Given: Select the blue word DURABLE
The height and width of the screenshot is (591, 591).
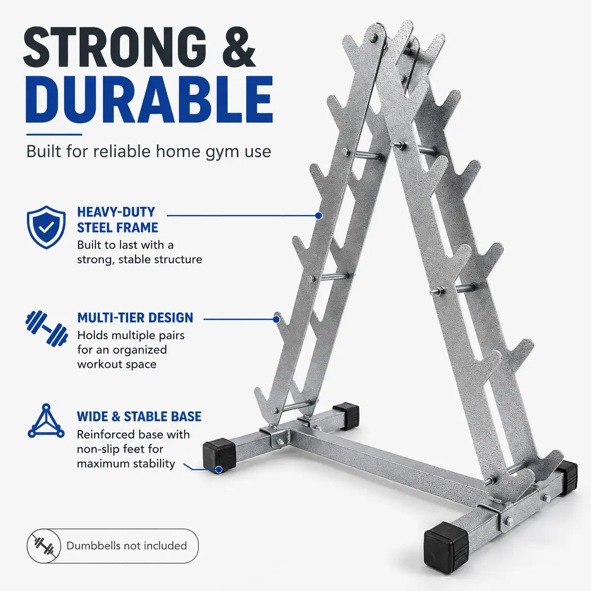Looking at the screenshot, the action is (x=149, y=99).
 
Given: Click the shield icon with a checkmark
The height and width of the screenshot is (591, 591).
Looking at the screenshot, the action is (x=46, y=227).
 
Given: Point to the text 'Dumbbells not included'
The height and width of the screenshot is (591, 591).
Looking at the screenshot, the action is (x=127, y=546).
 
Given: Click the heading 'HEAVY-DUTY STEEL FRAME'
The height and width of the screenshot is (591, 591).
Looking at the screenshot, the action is (x=117, y=220).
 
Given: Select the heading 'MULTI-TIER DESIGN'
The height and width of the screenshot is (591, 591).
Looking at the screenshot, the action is (x=135, y=318).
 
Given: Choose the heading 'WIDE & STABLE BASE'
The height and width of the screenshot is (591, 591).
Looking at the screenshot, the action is (x=139, y=417).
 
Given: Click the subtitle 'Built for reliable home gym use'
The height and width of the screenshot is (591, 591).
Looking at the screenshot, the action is (x=149, y=151).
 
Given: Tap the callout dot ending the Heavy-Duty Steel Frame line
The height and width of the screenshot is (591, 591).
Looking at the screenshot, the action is (x=319, y=215).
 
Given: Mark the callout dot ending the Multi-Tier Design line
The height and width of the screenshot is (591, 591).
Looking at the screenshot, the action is (x=276, y=319).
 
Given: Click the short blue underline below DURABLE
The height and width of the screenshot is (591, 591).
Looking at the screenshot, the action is (x=54, y=134).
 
